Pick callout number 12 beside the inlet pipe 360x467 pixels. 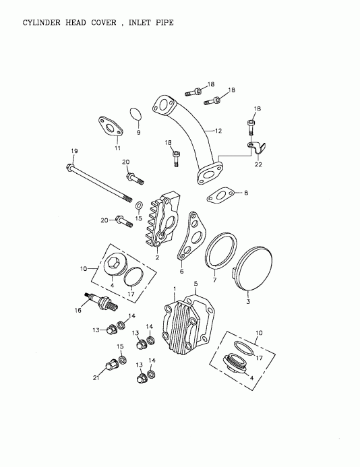tap(218, 130)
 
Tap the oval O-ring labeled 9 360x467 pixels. tap(136, 116)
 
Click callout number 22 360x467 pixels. tap(258, 164)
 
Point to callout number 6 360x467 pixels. tap(181, 272)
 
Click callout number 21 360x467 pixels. tap(95, 379)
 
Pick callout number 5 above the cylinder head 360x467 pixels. tap(196, 284)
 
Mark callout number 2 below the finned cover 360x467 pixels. tap(157, 257)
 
